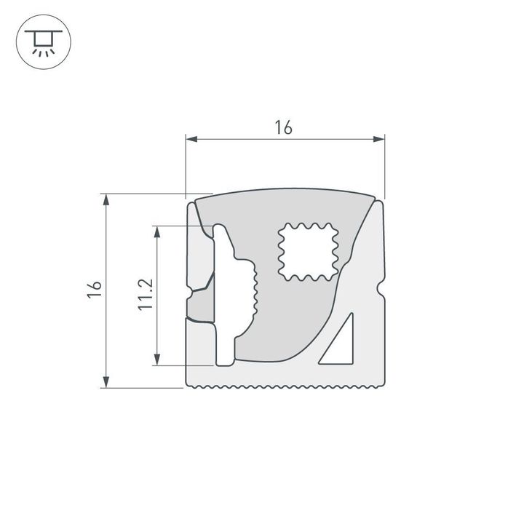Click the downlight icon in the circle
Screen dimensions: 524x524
[43, 43]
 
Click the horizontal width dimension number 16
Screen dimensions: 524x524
[283, 127]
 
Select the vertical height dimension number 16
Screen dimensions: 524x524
[93, 289]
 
